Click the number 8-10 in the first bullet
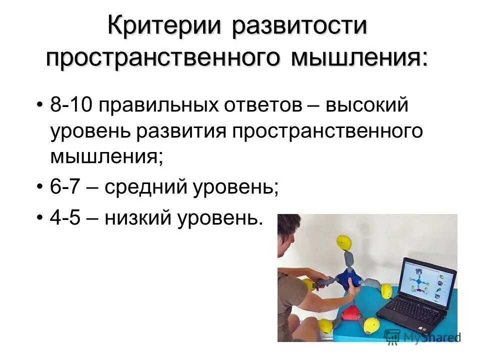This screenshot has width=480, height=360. (x=71, y=106)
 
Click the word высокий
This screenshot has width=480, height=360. (x=367, y=106)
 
